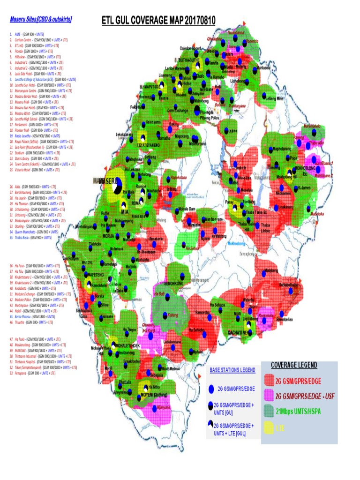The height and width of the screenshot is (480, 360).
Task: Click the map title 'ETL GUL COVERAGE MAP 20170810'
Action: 159,20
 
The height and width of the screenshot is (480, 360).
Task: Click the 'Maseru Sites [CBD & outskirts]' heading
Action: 41,20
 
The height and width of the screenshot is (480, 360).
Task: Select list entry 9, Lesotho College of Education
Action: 42,80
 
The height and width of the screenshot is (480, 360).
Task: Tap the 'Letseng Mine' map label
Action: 274,99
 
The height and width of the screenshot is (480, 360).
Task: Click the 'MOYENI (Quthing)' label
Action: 154,395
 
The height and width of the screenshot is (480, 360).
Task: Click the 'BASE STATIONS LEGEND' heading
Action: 232,370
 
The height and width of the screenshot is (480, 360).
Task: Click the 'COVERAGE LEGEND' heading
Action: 294,365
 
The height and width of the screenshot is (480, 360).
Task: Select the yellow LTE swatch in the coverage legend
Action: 268,428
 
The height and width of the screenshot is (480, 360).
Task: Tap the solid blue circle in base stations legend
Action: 211,389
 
